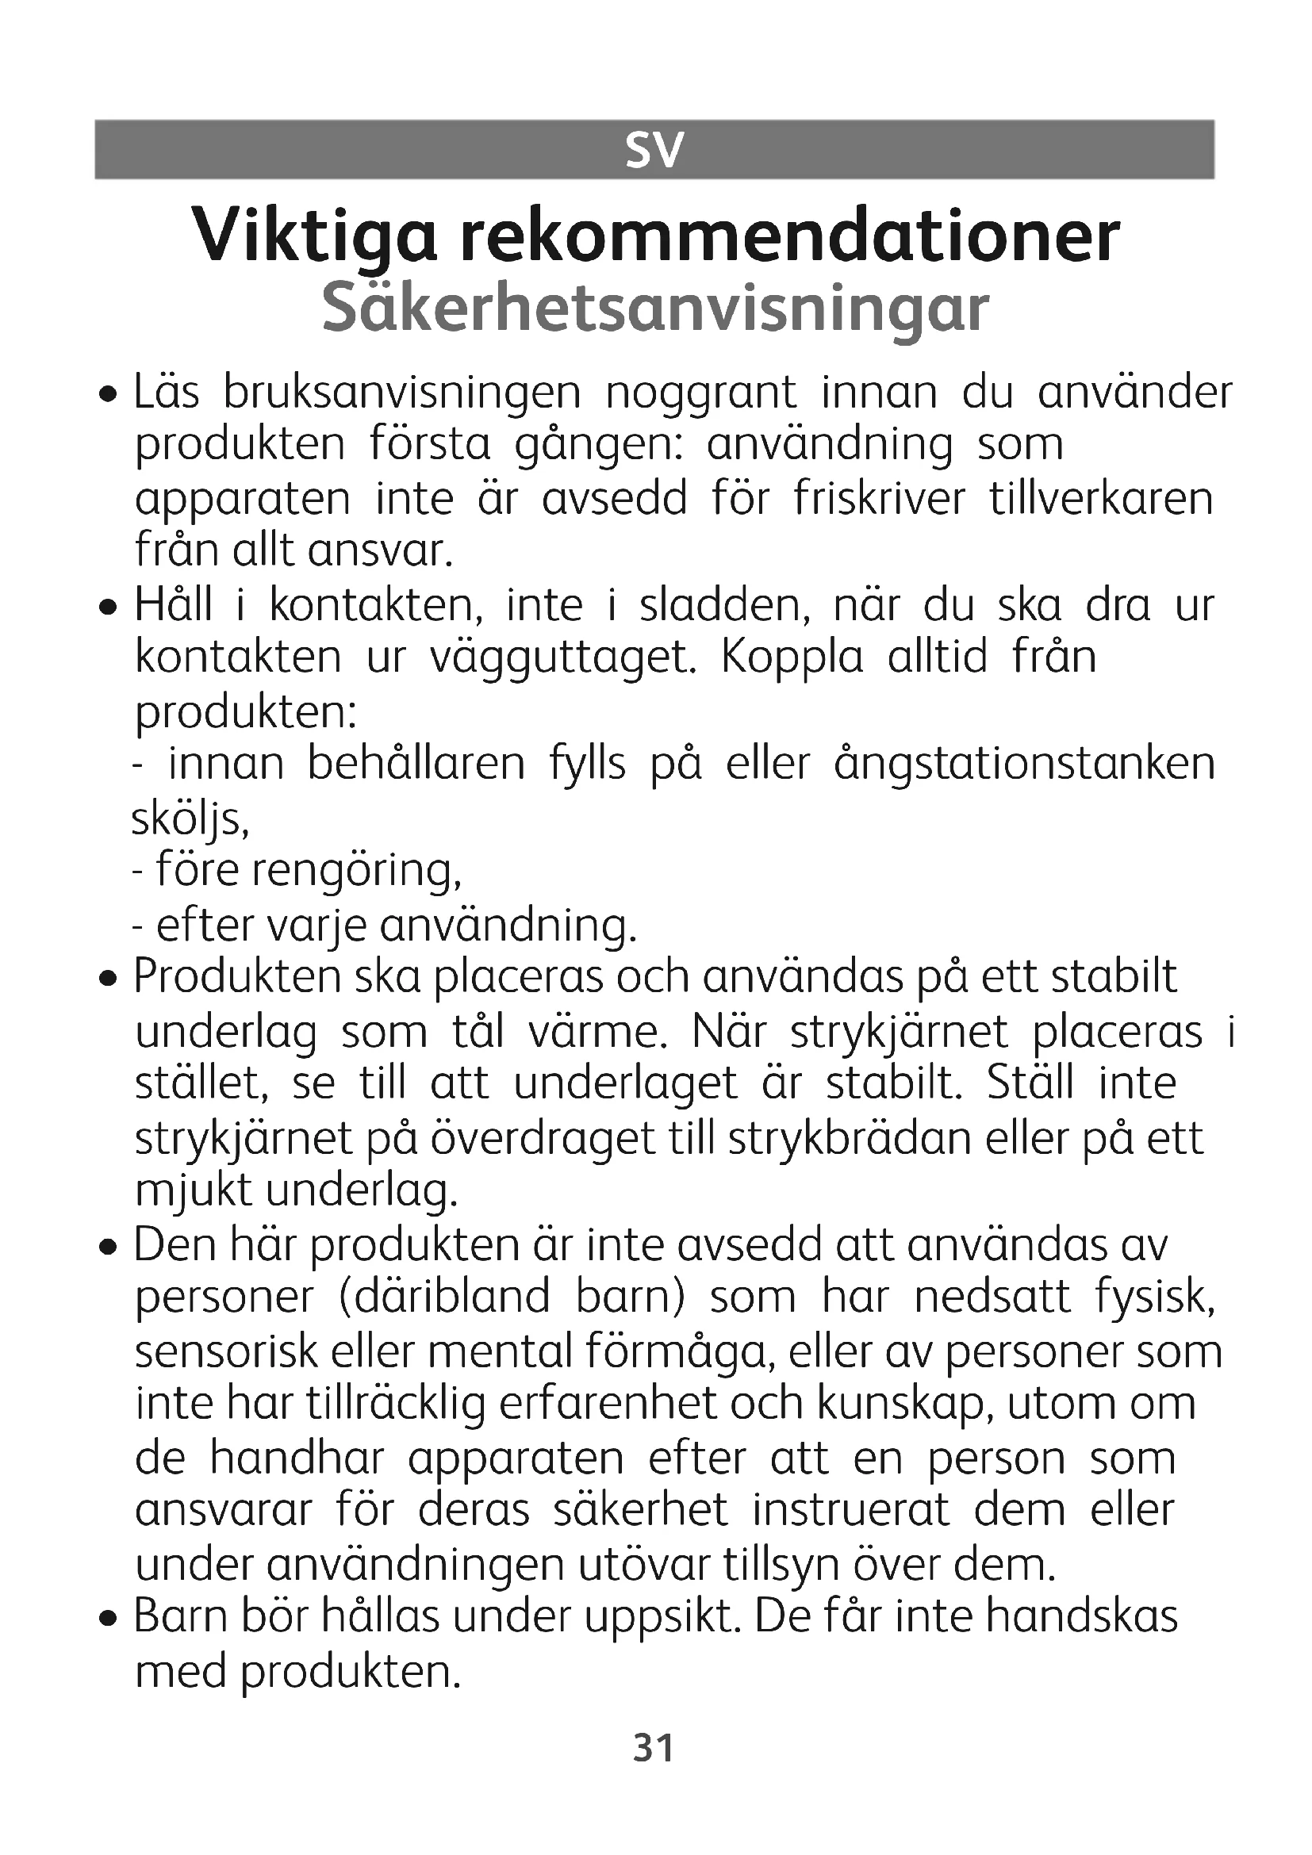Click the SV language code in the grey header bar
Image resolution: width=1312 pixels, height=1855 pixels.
(654, 150)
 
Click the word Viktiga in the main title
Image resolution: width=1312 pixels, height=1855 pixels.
(316, 236)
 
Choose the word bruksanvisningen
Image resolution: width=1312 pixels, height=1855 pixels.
(401, 393)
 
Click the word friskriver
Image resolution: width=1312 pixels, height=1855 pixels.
(879, 498)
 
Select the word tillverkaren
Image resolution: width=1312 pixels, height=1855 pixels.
(1101, 498)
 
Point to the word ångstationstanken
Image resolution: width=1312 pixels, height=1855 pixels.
(1024, 765)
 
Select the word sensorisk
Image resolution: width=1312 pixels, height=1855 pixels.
(227, 1351)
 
